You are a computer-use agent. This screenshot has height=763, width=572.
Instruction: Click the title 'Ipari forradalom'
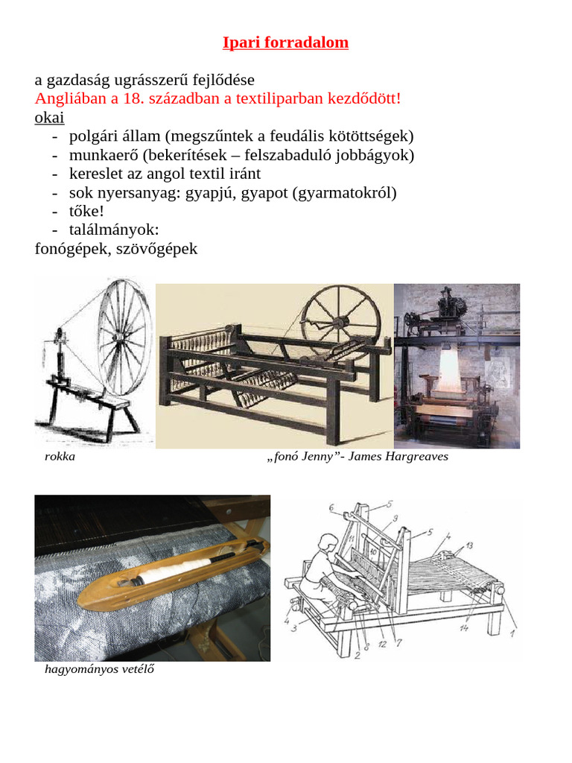tap(285, 42)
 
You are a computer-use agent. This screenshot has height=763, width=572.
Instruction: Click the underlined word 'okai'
tap(49, 118)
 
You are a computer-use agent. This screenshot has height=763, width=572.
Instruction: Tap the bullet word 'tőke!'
tap(86, 212)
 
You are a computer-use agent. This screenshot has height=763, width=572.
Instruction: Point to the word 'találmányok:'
tap(114, 230)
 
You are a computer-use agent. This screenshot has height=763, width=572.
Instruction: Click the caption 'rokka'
tap(60, 457)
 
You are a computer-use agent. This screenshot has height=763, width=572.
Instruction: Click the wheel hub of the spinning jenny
tap(340, 322)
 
